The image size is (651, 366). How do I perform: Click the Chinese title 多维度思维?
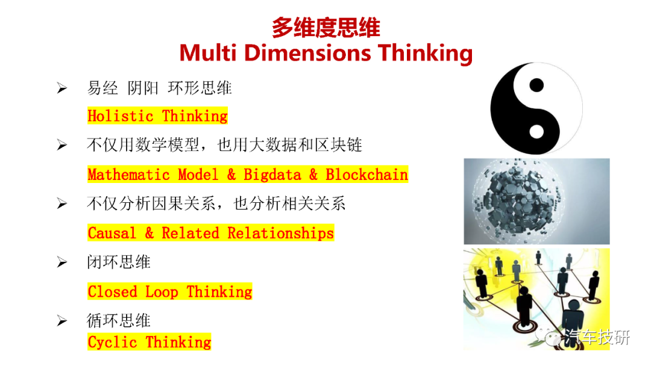(x=326, y=28)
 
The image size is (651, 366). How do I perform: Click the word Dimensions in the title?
(x=307, y=53)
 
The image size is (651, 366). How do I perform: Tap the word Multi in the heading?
(x=208, y=53)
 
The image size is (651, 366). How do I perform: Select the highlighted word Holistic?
(x=121, y=116)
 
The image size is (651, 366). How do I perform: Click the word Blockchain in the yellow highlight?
(x=366, y=175)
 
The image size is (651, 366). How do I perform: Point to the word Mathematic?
(x=129, y=175)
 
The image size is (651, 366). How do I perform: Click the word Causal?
(x=112, y=234)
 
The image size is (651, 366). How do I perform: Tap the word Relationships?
(x=280, y=234)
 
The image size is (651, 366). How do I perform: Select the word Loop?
(x=162, y=292)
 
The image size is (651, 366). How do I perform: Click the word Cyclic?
(x=112, y=343)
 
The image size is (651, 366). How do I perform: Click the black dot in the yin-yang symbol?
(x=536, y=85)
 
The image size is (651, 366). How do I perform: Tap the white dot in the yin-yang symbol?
(x=536, y=132)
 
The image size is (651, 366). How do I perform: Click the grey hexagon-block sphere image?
(x=536, y=202)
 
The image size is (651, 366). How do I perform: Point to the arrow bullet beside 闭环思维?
(x=62, y=262)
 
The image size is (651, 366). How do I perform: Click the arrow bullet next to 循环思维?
(x=62, y=321)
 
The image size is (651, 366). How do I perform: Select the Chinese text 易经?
(x=102, y=88)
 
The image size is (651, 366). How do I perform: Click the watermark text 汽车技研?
(x=597, y=337)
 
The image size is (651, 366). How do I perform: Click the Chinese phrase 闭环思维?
(x=118, y=262)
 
